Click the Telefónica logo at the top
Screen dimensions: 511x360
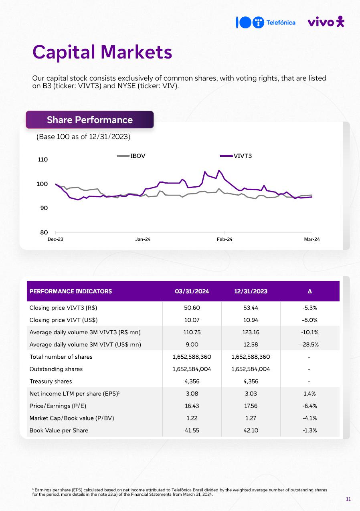click(265, 22)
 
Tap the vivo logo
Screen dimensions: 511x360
click(326, 22)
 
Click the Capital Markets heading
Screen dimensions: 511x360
click(102, 52)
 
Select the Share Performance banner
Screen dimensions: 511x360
click(89, 120)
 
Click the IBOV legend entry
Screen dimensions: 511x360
click(131, 156)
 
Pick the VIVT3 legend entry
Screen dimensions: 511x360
click(237, 156)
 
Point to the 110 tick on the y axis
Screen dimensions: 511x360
click(42, 160)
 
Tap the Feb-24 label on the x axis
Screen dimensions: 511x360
click(224, 239)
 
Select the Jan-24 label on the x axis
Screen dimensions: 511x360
click(143, 239)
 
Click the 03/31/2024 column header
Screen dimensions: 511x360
click(192, 291)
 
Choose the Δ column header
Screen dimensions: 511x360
click(310, 291)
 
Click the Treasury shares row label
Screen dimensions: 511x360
click(51, 381)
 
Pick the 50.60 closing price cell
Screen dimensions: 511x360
click(192, 308)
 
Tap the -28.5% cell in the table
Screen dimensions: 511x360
click(310, 344)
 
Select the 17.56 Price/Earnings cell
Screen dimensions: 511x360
click(251, 406)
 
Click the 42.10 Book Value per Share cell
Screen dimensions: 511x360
click(251, 430)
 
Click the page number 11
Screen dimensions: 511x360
click(348, 499)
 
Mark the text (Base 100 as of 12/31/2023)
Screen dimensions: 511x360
click(83, 137)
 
